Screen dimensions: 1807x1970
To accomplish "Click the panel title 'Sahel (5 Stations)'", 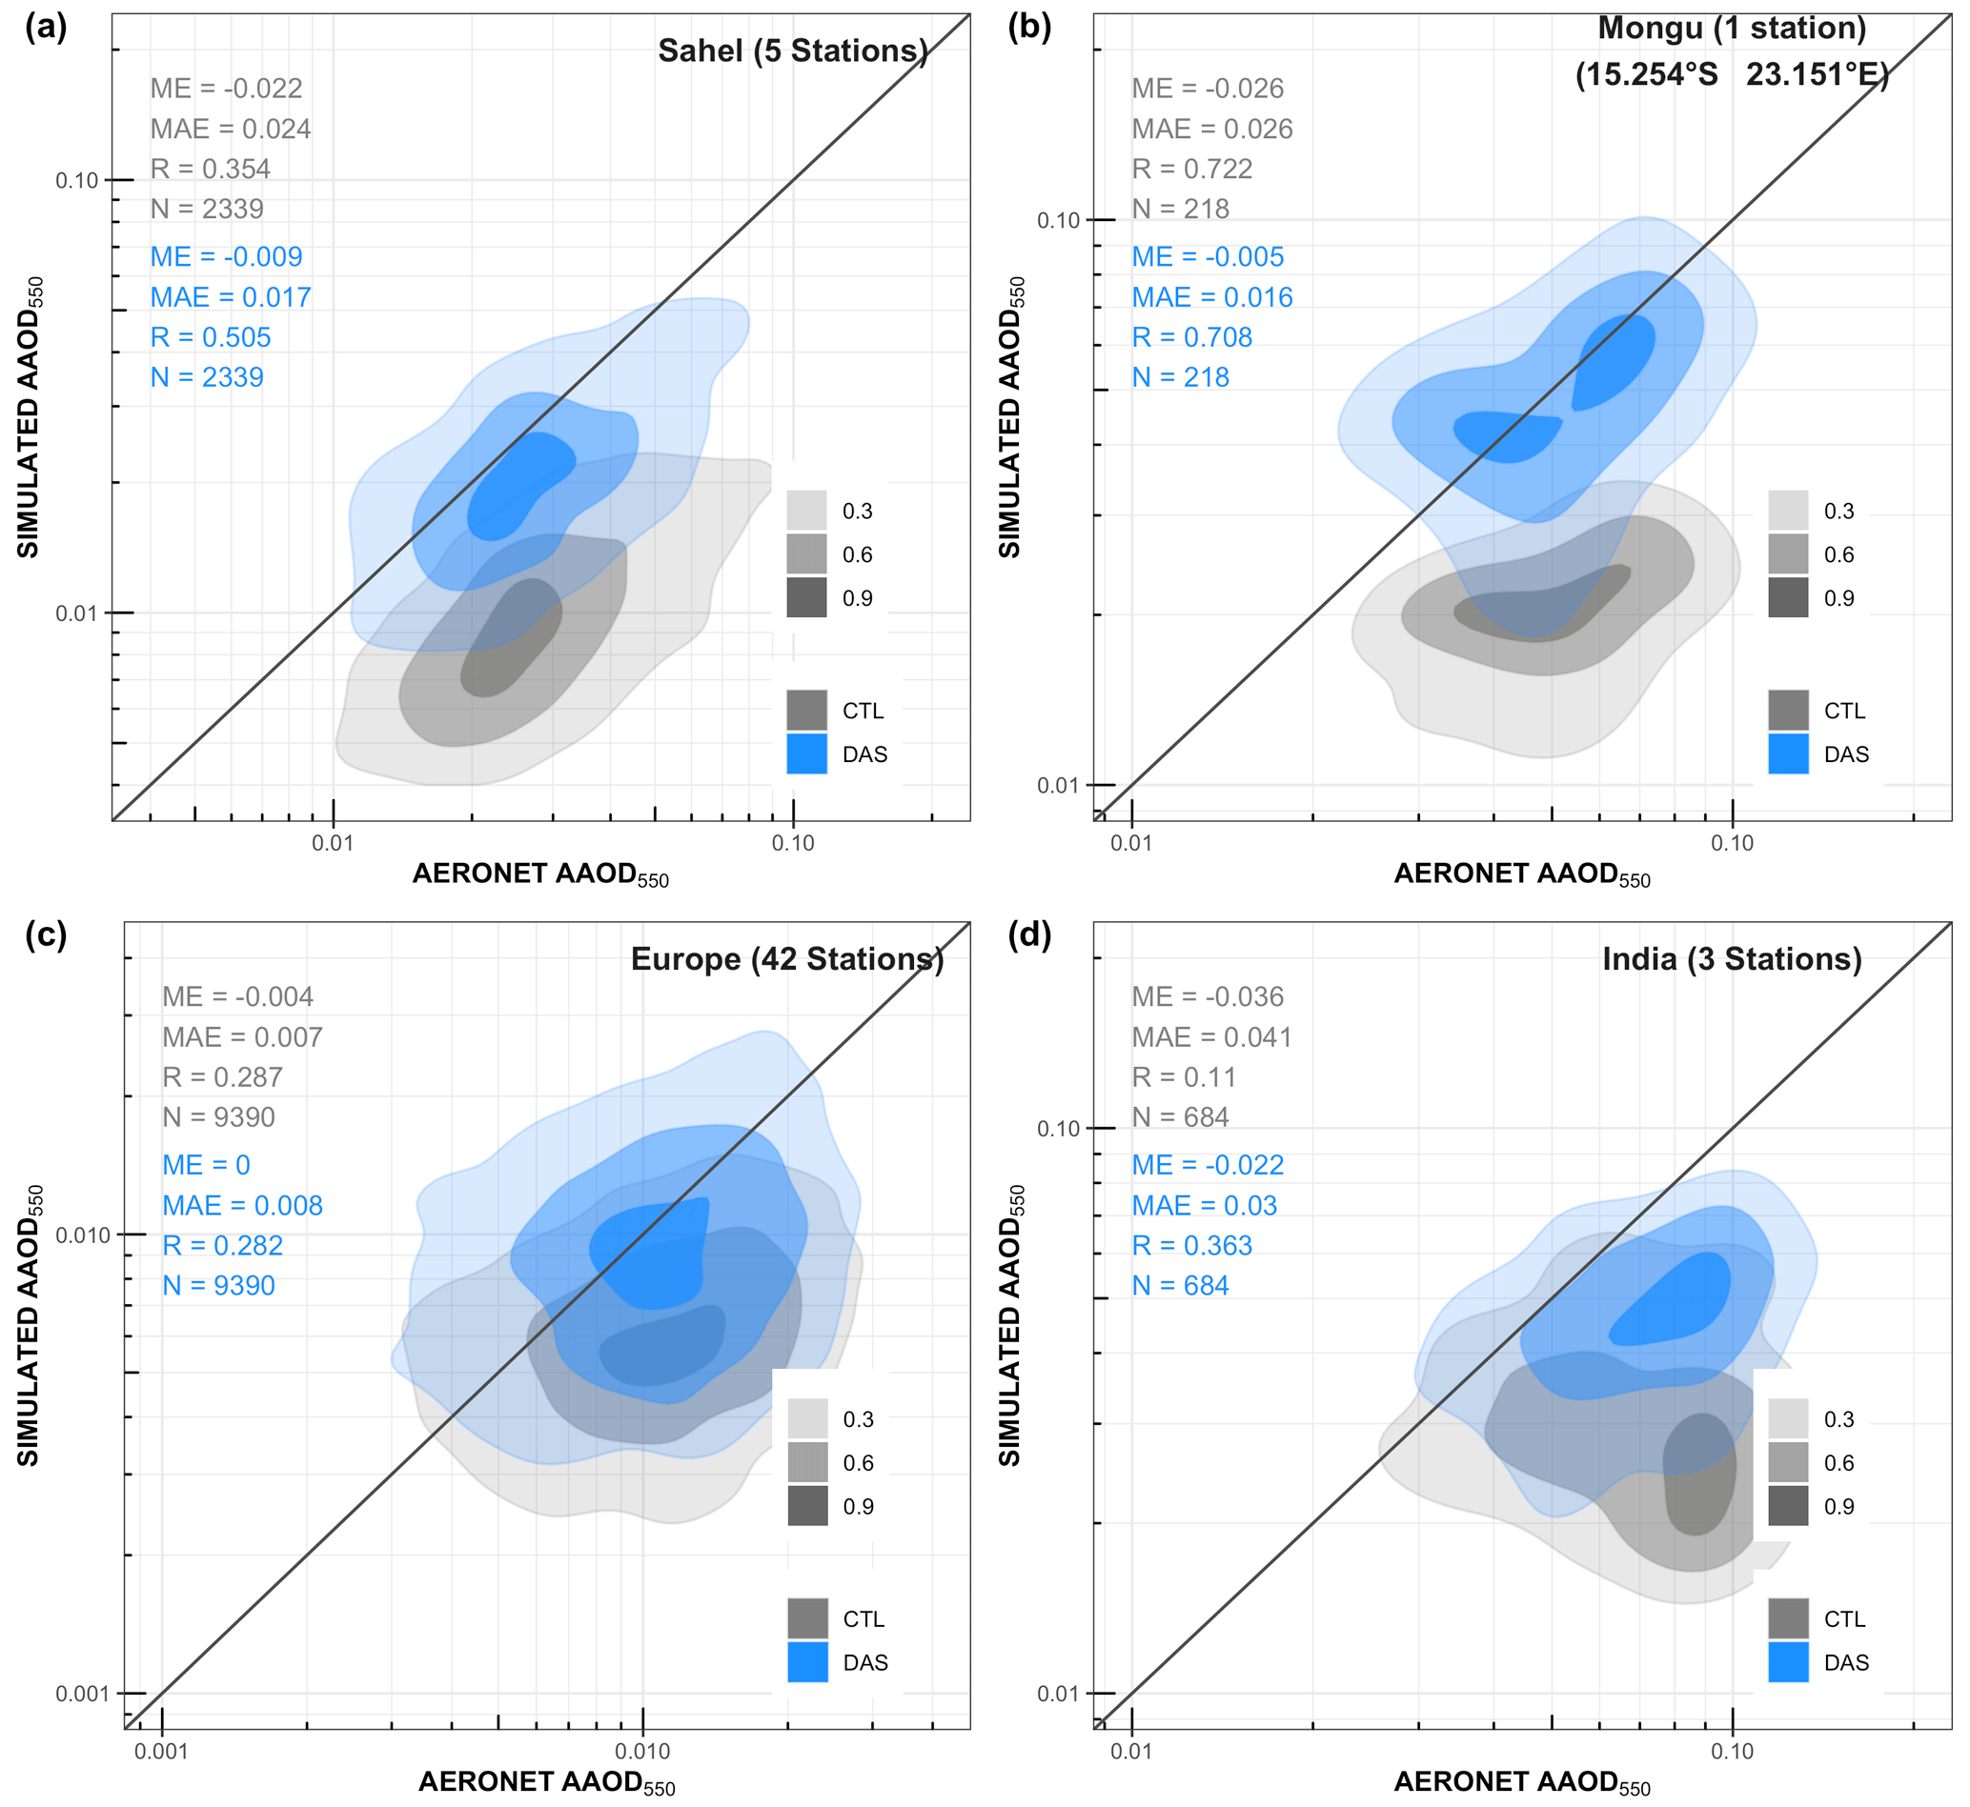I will (792, 50).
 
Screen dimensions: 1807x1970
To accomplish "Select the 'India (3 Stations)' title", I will (1732, 959).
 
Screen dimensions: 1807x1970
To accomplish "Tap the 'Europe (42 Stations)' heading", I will (787, 959).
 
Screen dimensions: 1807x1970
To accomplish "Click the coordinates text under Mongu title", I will (1732, 74).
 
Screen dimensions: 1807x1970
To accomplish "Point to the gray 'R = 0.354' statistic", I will (211, 170).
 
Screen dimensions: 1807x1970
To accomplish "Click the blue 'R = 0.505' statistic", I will (211, 337).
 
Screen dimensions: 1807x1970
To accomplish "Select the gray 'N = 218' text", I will (1181, 210).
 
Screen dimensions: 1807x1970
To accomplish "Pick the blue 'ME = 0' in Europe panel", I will (207, 1166).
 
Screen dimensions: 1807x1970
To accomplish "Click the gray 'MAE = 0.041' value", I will (1212, 1037).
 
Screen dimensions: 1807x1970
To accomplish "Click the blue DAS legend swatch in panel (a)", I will (807, 754).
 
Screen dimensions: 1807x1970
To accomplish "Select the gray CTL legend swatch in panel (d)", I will (1788, 1619).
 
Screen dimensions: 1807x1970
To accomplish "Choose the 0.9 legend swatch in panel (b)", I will (1788, 598).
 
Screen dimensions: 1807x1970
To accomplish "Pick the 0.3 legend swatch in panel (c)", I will (808, 1418).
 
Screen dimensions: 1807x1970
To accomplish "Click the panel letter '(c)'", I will (46, 934).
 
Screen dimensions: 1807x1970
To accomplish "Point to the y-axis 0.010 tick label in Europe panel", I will (83, 1235).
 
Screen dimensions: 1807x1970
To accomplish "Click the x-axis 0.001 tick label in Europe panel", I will (161, 1751).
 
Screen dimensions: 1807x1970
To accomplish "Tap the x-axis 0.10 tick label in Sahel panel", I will (792, 844).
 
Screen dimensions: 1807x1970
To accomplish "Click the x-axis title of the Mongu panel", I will (1522, 874).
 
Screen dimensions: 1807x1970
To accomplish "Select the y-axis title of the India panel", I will (1010, 1325).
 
